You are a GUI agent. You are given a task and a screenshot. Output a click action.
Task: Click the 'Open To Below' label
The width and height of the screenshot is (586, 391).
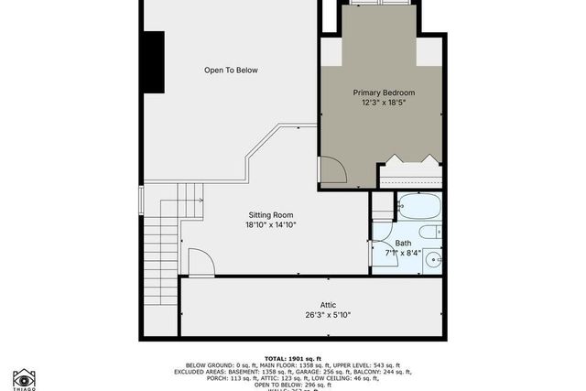(x=231, y=70)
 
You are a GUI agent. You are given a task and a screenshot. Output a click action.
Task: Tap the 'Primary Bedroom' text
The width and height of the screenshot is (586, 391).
(x=385, y=92)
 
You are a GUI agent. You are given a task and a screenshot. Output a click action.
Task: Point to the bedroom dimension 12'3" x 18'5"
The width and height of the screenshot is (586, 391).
(x=385, y=103)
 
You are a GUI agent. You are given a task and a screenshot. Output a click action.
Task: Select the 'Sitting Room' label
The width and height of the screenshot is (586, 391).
(x=270, y=214)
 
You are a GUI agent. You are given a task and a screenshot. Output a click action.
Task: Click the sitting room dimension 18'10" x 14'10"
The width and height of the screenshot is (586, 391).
(x=270, y=225)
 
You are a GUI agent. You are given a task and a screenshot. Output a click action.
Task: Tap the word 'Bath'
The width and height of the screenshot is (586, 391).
(x=404, y=243)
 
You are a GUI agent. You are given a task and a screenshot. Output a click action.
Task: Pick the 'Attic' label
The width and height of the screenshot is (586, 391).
(x=330, y=305)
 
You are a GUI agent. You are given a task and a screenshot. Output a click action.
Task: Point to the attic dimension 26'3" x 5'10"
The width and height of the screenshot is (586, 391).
(x=330, y=316)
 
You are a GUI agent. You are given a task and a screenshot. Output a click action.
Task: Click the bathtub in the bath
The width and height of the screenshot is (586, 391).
(x=419, y=206)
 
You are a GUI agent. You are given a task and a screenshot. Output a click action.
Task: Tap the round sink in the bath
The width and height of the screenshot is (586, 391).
(x=431, y=260)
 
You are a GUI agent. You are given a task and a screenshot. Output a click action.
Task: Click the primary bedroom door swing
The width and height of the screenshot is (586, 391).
(x=331, y=171)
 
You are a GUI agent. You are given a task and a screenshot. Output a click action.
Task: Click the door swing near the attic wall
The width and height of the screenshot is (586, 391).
(x=201, y=263)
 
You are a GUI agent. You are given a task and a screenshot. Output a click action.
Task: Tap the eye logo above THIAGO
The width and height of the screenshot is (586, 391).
(x=24, y=378)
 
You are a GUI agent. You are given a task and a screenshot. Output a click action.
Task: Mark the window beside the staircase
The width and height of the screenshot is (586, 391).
(x=140, y=201)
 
